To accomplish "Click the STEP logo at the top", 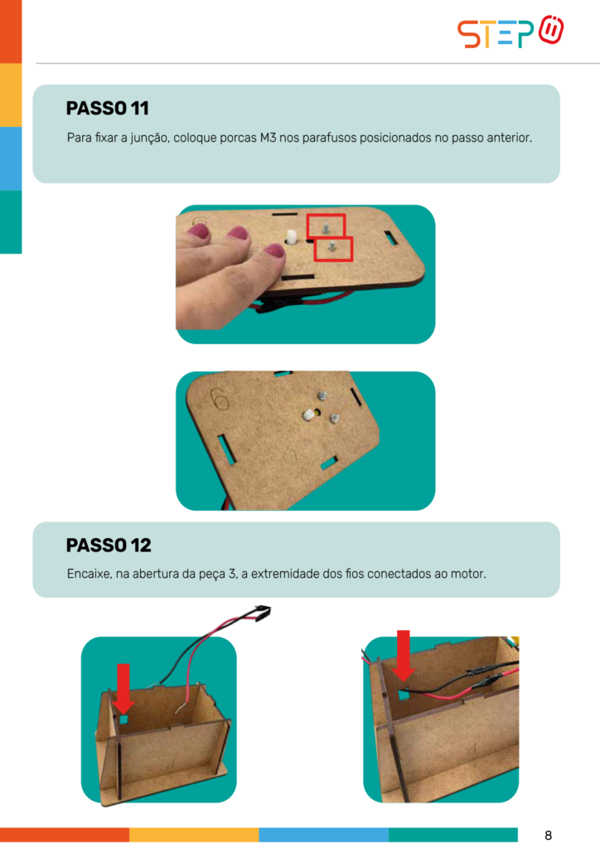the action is pyautogui.click(x=510, y=32).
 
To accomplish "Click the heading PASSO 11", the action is pyautogui.click(x=107, y=109).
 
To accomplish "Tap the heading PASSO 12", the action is pyautogui.click(x=109, y=546).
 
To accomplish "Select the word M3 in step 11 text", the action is pyautogui.click(x=268, y=138).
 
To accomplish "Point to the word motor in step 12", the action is pyautogui.click(x=468, y=574).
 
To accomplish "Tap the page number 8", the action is pyautogui.click(x=548, y=835).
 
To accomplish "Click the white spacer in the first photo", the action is pyautogui.click(x=291, y=237).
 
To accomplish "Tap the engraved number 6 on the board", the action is pyautogui.click(x=220, y=400).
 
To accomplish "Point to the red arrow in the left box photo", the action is pyautogui.click(x=123, y=688).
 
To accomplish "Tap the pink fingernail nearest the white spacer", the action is pyautogui.click(x=273, y=251).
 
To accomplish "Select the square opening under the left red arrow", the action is pyautogui.click(x=123, y=719).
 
